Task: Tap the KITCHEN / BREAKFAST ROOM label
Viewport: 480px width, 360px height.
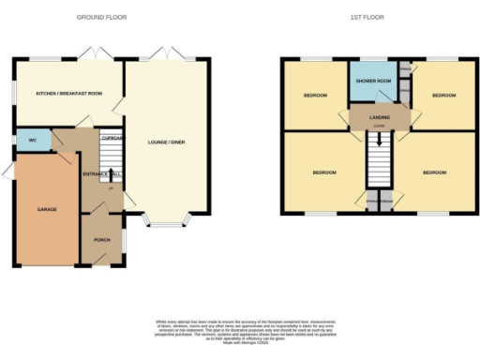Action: click(68, 95)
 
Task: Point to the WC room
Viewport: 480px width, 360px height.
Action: click(33, 141)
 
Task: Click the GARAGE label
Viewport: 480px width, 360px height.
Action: click(47, 208)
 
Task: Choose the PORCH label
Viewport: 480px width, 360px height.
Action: click(101, 240)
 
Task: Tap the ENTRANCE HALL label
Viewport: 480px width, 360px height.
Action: click(102, 174)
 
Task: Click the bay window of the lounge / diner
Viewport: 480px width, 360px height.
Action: click(165, 224)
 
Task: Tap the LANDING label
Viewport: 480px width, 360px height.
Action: click(379, 116)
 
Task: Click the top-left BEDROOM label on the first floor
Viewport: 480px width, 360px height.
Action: click(315, 96)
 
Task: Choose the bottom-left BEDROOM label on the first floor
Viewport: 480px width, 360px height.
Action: click(325, 172)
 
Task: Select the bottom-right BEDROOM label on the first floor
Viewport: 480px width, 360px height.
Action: click(435, 172)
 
